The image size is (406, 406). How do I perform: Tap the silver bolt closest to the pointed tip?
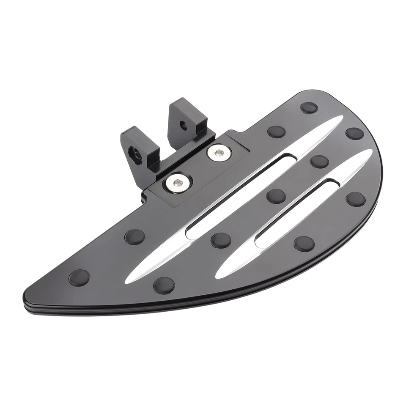point(177,182)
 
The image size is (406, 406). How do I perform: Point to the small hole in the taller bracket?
point(184,125)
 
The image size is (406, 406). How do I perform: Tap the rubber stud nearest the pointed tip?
point(79,277)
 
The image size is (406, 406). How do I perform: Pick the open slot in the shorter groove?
point(295,211)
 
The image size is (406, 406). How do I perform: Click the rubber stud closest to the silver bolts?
point(134,237)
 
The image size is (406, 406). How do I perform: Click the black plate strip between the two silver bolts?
point(198,167)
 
